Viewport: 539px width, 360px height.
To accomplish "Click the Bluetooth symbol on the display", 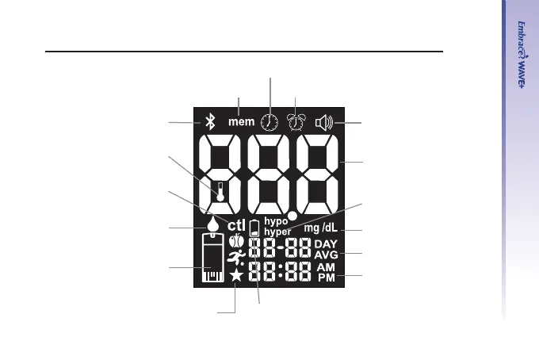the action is tap(211, 122).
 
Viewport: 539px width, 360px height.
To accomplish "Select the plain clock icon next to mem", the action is tap(271, 122).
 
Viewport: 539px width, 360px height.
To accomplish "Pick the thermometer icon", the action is tap(224, 192).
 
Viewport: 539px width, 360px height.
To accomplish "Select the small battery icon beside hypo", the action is tap(254, 229).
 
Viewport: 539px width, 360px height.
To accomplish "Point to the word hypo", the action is tap(275, 222).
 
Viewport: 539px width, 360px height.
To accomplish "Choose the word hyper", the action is tap(277, 232).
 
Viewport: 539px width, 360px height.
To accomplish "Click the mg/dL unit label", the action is tap(321, 228).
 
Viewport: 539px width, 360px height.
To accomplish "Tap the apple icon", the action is tap(235, 241).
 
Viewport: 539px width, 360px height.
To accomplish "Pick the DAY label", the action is tap(325, 244).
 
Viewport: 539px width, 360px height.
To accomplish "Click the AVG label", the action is tap(325, 255).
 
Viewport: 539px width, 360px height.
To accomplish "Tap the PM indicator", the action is tap(326, 278).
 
